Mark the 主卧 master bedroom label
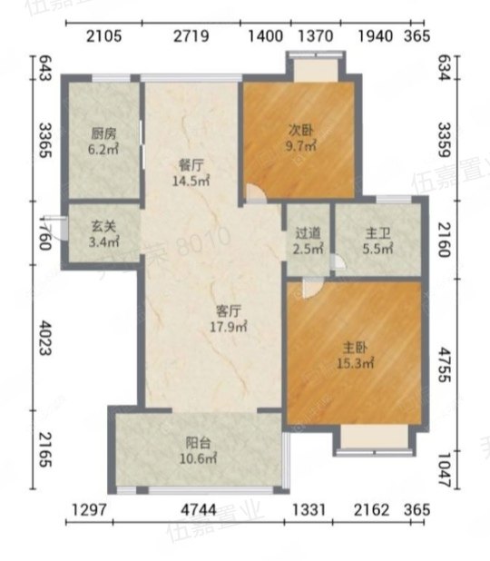(x=355, y=347)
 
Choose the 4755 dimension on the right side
(x=446, y=363)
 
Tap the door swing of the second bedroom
(x=254, y=195)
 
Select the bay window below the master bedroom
(x=368, y=438)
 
